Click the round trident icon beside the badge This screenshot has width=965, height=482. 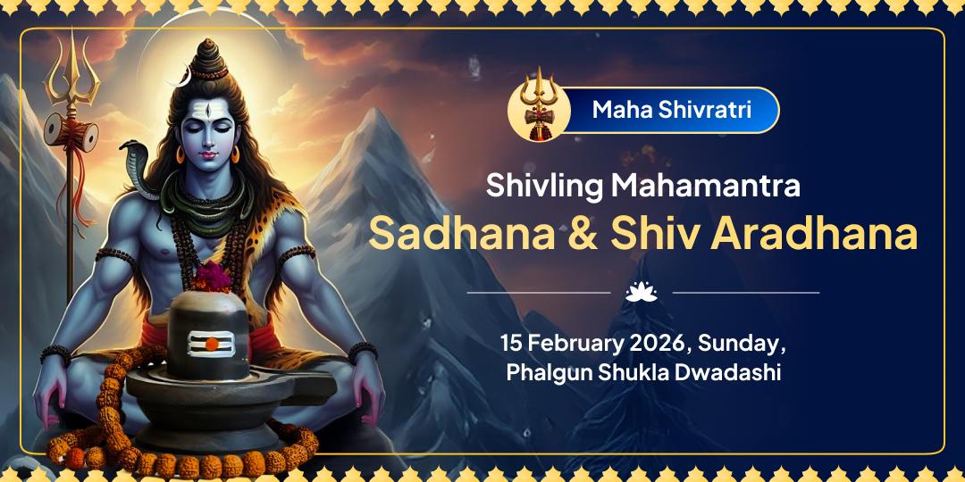coord(539,111)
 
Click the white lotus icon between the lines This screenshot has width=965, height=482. coord(642,291)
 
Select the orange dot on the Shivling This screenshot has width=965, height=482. coord(212,343)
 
